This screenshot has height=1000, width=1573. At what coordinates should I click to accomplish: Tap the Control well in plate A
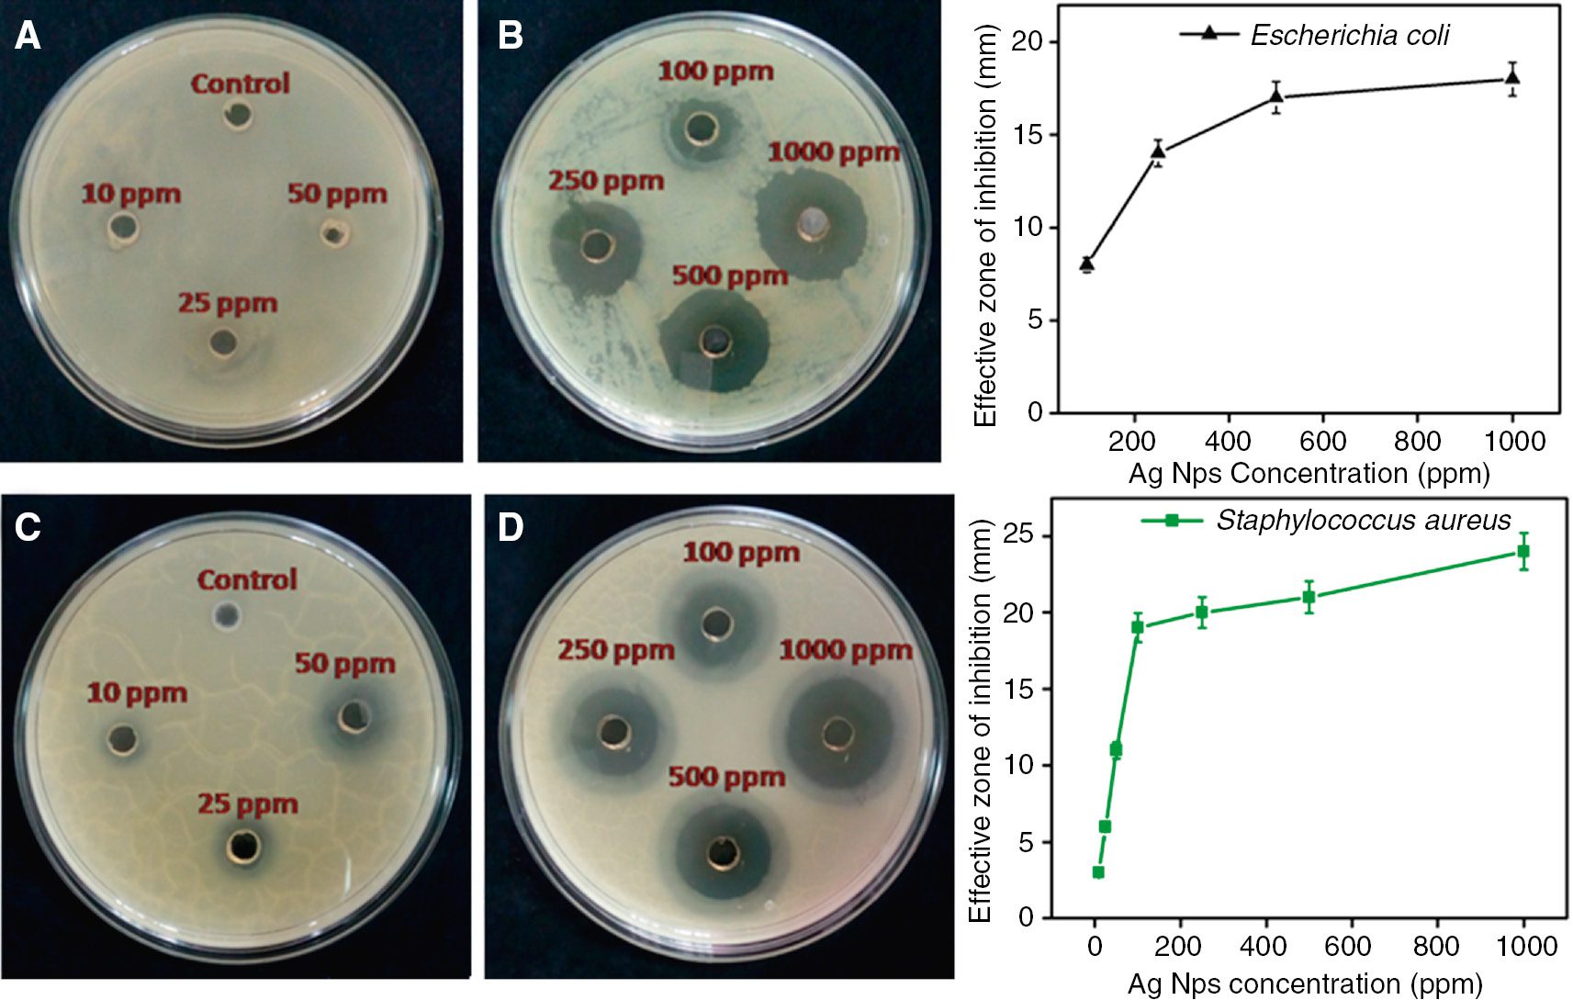click(239, 115)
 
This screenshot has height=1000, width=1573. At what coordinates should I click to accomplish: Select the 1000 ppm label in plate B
click(833, 152)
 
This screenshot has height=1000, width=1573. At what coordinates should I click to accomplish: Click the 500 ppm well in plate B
click(715, 343)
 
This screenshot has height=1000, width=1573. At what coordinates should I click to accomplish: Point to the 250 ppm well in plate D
click(612, 732)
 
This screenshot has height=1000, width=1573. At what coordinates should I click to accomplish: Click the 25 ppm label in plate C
click(247, 804)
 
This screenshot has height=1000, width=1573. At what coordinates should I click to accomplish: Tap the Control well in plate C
click(225, 614)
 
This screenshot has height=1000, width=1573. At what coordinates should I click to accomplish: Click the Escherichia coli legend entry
click(1350, 35)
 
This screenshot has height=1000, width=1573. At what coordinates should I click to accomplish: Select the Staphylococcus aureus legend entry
click(1363, 521)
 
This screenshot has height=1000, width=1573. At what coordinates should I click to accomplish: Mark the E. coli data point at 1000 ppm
click(1512, 78)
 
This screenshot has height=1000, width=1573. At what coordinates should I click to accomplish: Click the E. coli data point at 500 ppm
click(1275, 96)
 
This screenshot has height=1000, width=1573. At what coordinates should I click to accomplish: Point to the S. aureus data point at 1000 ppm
click(1523, 552)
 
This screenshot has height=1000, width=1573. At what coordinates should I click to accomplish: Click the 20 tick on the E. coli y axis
click(1028, 41)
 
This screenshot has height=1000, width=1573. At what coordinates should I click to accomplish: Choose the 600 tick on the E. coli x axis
click(1322, 442)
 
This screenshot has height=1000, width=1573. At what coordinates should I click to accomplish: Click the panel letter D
click(510, 528)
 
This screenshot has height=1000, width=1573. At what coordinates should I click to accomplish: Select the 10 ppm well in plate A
click(122, 227)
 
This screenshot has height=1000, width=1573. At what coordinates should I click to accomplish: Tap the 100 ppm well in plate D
click(717, 624)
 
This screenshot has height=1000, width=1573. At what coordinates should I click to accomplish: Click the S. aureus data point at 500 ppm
click(1309, 597)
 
